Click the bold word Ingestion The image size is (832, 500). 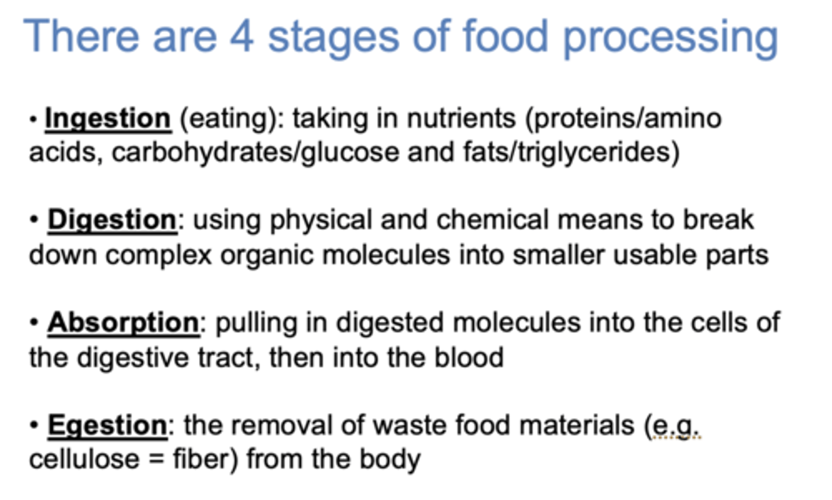[x=107, y=118]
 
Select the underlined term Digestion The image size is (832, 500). [x=112, y=220]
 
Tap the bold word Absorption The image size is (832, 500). [x=123, y=322]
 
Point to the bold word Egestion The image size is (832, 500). [x=107, y=426]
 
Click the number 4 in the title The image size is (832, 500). [x=242, y=36]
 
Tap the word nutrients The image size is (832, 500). [x=461, y=118]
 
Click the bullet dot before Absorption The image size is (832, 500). [x=35, y=323]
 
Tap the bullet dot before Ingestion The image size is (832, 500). [x=34, y=120]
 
